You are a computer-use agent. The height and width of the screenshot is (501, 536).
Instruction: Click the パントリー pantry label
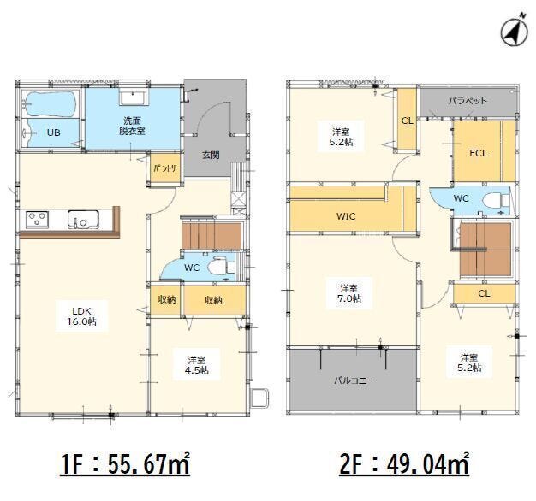pyautogui.click(x=166, y=168)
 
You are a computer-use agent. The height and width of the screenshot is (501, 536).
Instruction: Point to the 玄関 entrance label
pyautogui.click(x=211, y=156)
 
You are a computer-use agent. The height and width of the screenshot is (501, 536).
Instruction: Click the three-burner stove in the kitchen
pyautogui.click(x=37, y=220)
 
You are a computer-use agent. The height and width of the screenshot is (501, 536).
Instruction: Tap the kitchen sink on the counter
pyautogui.click(x=83, y=220)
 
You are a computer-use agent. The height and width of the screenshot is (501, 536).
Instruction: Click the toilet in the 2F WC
pyautogui.click(x=497, y=200)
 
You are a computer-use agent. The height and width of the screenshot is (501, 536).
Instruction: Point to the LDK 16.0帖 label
pyautogui.click(x=81, y=316)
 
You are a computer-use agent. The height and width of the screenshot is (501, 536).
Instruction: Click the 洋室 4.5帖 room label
pyautogui.click(x=197, y=365)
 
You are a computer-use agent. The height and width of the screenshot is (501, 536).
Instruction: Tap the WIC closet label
pyautogui.click(x=346, y=216)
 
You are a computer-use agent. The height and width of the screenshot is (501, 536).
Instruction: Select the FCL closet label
pyautogui.click(x=479, y=153)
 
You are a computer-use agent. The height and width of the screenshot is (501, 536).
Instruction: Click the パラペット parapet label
pyautogui.click(x=468, y=101)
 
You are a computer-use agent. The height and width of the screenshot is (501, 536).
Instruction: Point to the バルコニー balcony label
pyautogui.click(x=354, y=380)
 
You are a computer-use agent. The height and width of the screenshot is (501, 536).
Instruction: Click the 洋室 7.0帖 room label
pyautogui.click(x=349, y=293)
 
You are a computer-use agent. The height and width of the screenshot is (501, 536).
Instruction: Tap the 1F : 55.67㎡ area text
pyautogui.click(x=125, y=463)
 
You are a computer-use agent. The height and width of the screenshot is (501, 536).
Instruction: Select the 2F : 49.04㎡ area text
pyautogui.click(x=404, y=463)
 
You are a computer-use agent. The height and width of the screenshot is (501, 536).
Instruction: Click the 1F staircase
pyautogui.click(x=211, y=235)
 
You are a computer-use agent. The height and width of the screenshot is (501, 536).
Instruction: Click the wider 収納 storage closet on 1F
pyautogui.click(x=214, y=299)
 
